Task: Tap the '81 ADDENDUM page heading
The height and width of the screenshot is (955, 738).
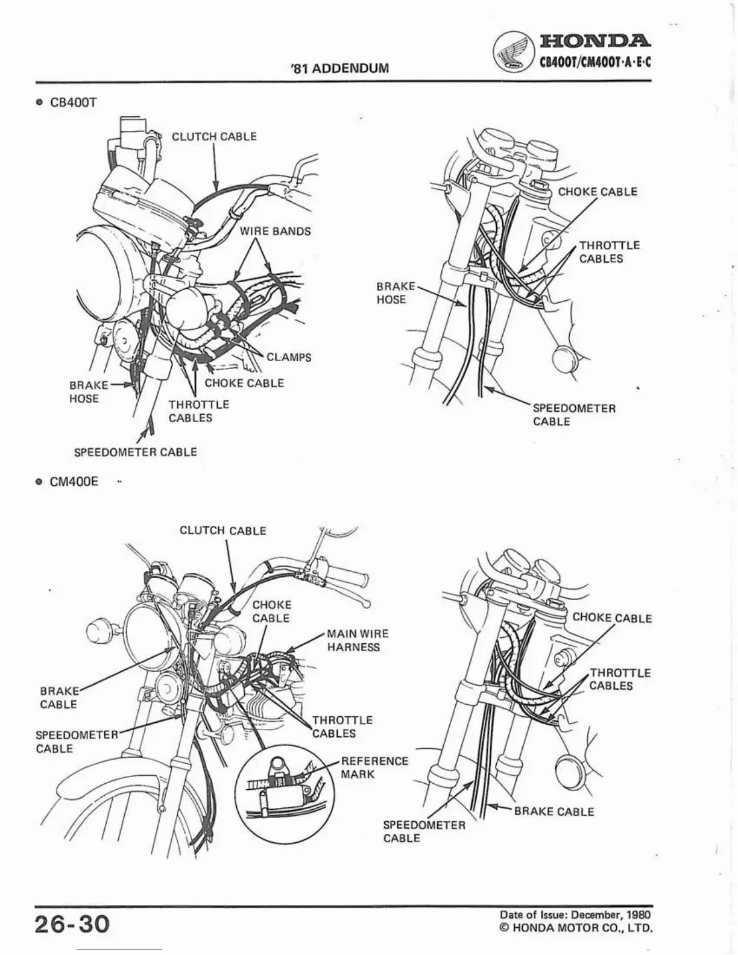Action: [339, 68]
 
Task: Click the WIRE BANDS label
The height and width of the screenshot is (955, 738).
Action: [276, 232]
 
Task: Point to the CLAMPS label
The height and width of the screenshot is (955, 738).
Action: [289, 357]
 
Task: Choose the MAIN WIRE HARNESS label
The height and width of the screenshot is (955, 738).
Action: [358, 640]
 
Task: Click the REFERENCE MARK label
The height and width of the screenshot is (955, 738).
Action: [374, 767]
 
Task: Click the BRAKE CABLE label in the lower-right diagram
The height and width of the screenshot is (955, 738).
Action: [553, 812]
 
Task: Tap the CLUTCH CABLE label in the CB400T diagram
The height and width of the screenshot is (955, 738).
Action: [214, 136]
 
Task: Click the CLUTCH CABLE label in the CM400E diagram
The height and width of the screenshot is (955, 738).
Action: [222, 531]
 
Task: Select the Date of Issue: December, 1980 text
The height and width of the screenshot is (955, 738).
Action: [572, 915]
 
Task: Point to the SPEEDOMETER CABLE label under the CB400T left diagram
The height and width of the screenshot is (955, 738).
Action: [135, 452]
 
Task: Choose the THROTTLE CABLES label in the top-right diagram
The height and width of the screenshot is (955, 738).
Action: [609, 252]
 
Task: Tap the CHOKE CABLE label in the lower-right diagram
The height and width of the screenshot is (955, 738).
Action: [611, 618]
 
